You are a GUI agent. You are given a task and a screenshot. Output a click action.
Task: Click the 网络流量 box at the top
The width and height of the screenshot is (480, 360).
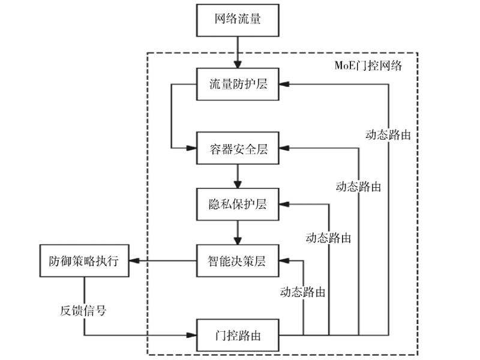coord(238,19)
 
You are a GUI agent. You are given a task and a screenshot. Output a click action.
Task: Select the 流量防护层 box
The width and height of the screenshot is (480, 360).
coord(238,83)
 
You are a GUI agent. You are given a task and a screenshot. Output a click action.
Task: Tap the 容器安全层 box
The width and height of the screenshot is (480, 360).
coord(238,148)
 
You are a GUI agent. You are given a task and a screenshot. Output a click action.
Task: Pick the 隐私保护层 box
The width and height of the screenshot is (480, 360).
coord(238,204)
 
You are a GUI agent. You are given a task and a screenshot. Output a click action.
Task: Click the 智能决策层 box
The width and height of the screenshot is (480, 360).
coord(238,261)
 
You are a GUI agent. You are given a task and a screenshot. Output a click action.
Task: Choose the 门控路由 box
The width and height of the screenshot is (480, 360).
coord(238,335)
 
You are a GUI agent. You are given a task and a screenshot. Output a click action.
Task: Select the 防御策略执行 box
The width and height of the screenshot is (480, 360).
coord(84,261)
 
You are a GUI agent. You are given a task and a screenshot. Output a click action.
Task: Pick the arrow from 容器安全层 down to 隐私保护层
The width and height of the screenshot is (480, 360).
coord(238,176)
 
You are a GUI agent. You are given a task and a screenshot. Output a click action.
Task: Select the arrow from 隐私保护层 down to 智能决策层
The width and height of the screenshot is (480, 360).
coord(238,232)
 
